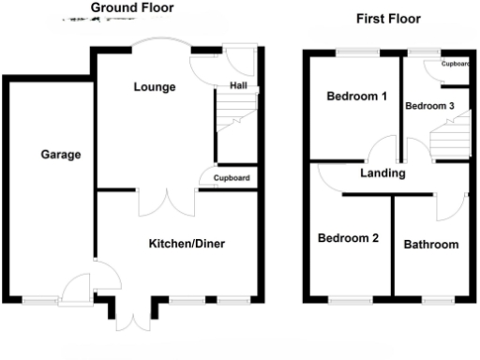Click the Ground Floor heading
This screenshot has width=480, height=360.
pos(132,8)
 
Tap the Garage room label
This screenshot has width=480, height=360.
pos(60,155)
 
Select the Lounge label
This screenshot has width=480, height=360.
pos(154,87)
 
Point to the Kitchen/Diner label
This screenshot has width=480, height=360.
pos(187,244)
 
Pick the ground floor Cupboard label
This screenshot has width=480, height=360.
pos(232,178)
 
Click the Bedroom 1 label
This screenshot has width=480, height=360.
pos(356,97)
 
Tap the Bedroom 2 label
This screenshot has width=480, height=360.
pos(348,238)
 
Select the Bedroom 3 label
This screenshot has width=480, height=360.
pos(429,106)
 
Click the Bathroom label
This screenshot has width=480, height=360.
pos(431,246)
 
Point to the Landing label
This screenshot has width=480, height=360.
pos(382,173)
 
